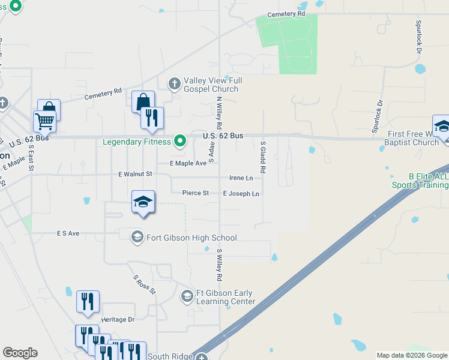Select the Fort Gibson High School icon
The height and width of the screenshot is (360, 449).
click(137, 236)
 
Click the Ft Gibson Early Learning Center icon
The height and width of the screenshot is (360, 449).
click(187, 295)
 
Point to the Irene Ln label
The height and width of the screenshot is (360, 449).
click(241, 178)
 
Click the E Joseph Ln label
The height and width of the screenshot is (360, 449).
click(241, 194)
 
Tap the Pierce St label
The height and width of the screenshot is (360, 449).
click(196, 193)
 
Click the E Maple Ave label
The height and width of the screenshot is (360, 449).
click(188, 163)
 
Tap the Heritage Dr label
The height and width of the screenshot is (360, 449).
click(118, 320)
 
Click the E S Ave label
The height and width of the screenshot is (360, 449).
click(68, 233)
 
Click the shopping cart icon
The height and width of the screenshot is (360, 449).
click(45, 121)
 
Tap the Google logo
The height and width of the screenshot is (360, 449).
click(20, 353)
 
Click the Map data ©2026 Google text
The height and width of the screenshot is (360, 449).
click(411, 355)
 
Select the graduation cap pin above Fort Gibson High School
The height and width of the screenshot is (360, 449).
click(143, 203)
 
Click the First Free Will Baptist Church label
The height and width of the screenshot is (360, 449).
click(414, 138)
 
